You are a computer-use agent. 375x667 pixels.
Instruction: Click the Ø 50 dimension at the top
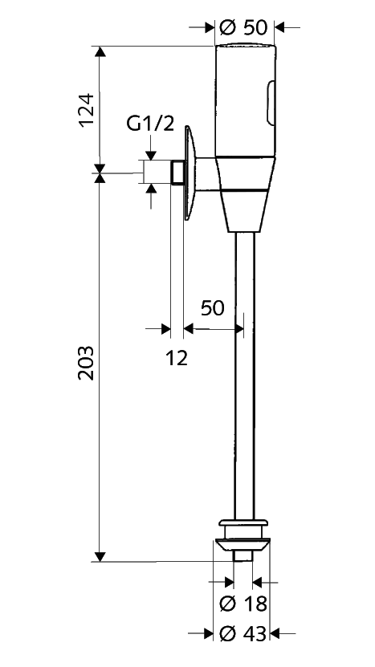coord(243,27)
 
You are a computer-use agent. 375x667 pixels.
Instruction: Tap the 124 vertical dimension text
coord(86,110)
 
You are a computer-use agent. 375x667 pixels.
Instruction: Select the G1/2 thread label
coord(150,124)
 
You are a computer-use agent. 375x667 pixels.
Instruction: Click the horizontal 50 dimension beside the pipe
coord(213,307)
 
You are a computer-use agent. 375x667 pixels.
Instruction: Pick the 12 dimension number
coord(177,359)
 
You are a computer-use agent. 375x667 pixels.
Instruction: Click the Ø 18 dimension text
coord(243,604)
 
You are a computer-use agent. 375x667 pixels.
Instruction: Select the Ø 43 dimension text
coord(243,634)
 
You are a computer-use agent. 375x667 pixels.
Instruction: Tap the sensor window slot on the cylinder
coord(271,104)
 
